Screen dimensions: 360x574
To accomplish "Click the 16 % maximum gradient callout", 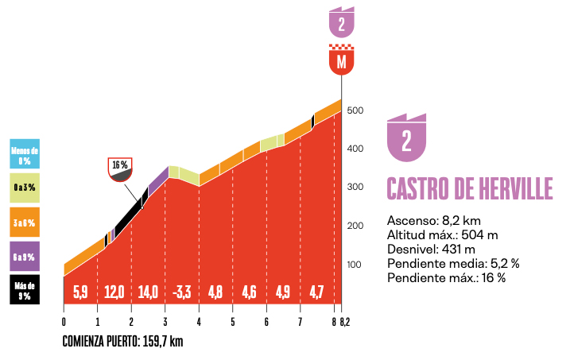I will point(120,167).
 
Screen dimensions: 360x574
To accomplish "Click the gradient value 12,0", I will point(114,291).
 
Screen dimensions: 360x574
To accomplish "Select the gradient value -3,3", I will point(181,291).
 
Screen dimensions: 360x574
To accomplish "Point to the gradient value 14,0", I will point(148,291).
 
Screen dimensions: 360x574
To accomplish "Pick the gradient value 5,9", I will point(80,291).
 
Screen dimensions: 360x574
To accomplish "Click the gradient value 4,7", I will point(317,291).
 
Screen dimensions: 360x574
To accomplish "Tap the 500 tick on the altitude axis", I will point(355,110).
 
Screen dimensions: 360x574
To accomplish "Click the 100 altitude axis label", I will point(355,265).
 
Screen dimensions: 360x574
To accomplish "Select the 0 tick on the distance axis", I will point(64,321).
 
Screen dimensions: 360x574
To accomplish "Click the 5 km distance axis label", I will point(232,321).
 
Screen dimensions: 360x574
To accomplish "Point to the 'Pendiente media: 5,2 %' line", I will point(453,263).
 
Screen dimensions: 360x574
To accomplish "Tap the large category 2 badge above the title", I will point(406,140).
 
